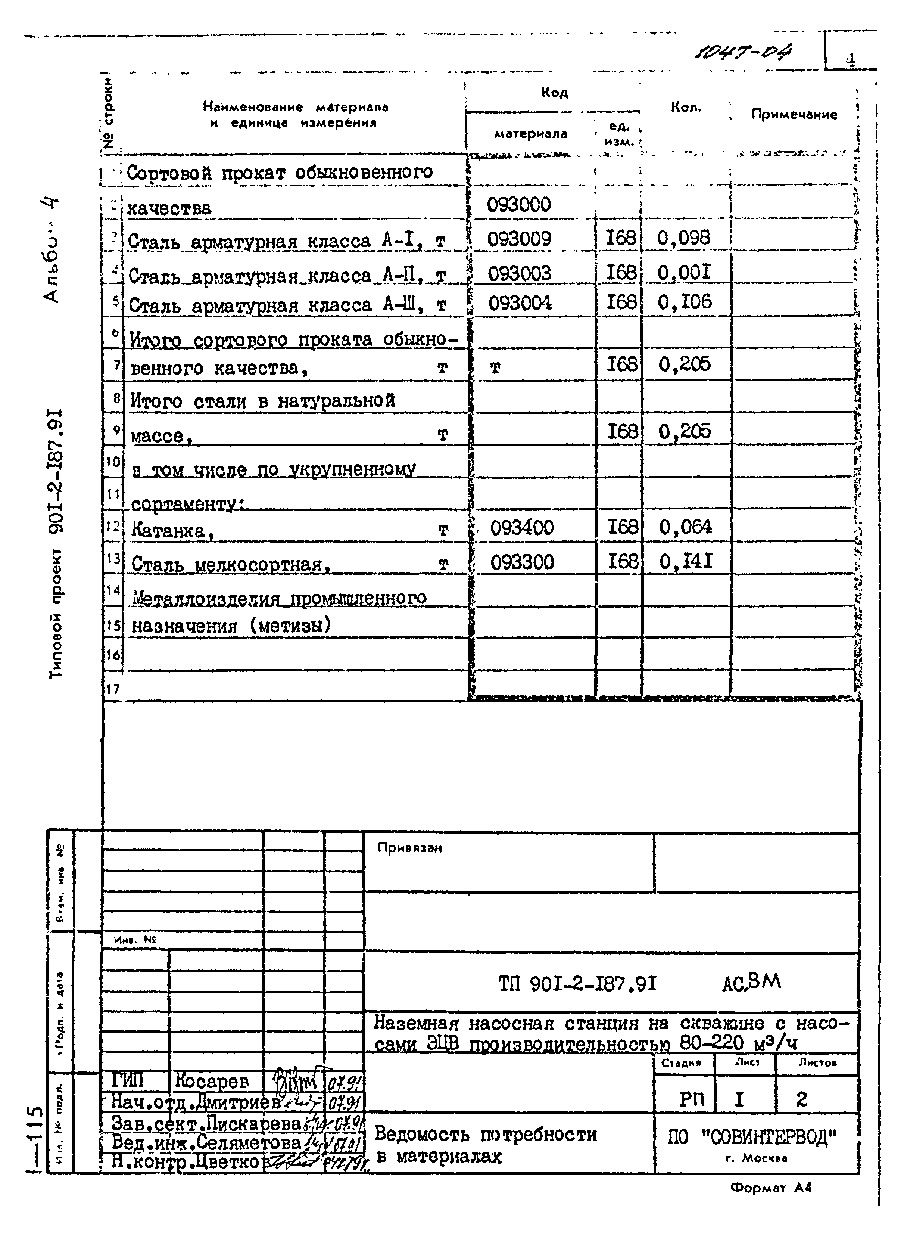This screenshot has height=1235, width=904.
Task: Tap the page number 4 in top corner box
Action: coord(850,59)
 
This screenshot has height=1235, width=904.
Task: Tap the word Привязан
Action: coord(409,848)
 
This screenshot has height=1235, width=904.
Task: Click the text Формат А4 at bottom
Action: coord(770,1187)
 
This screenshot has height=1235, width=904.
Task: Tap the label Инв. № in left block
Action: coord(135,939)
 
